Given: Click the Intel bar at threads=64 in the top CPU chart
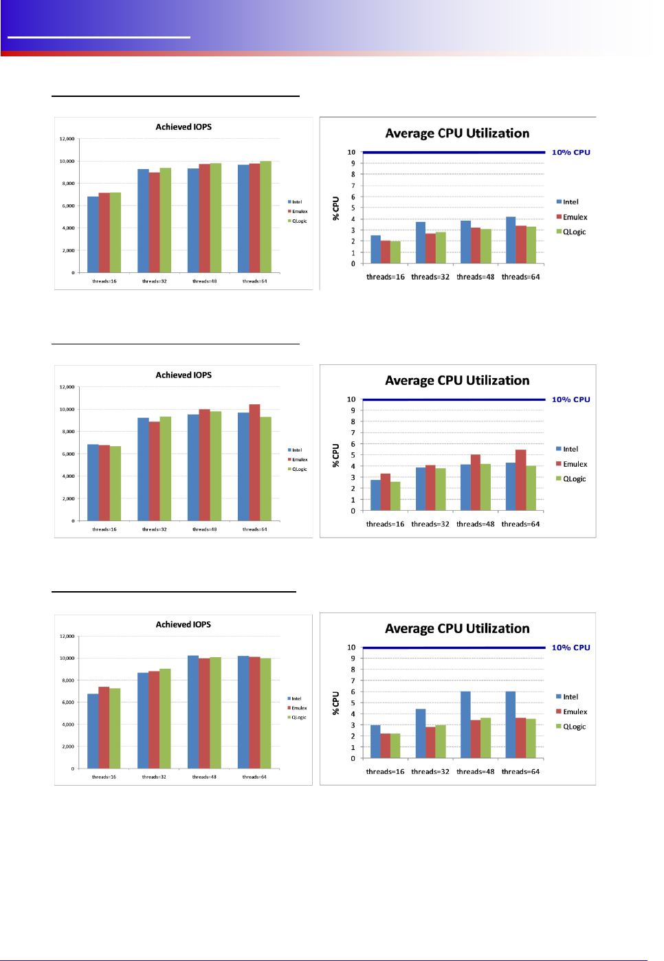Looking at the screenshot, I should point(511,241).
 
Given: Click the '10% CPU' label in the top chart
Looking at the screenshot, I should point(571,153).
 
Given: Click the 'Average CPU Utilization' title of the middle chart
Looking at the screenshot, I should point(457,381).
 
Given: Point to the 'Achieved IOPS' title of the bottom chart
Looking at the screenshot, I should point(184,624).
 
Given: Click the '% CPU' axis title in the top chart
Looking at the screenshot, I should point(336,208).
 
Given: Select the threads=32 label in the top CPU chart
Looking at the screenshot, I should point(430,277).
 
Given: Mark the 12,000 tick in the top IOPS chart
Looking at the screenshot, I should point(67,139).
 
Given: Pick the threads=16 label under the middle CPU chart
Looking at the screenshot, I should point(385,524).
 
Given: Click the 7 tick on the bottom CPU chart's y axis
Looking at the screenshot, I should point(353,681).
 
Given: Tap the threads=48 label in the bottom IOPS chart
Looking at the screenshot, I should point(204,777).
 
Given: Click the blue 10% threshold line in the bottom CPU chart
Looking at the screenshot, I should point(454,648).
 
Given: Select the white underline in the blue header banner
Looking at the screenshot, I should point(98,37).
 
